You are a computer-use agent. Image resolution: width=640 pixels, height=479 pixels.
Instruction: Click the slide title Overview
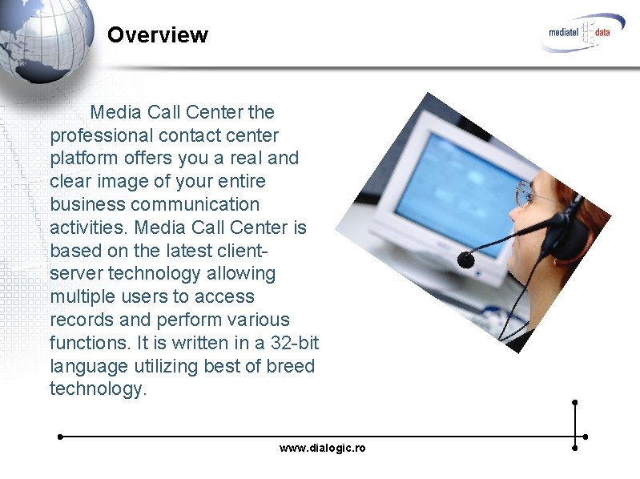(x=157, y=35)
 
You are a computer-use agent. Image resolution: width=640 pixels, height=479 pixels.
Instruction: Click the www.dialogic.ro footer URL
(x=322, y=448)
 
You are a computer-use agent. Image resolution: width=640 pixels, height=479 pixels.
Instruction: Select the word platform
(x=84, y=159)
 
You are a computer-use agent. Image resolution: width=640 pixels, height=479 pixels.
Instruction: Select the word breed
(x=291, y=366)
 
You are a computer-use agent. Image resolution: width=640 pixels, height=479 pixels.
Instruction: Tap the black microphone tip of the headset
(x=465, y=259)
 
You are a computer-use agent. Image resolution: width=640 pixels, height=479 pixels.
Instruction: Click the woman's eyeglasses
(x=525, y=191)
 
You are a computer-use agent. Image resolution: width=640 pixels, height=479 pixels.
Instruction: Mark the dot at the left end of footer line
(x=60, y=437)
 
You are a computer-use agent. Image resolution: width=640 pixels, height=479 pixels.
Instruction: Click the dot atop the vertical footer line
(x=574, y=402)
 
